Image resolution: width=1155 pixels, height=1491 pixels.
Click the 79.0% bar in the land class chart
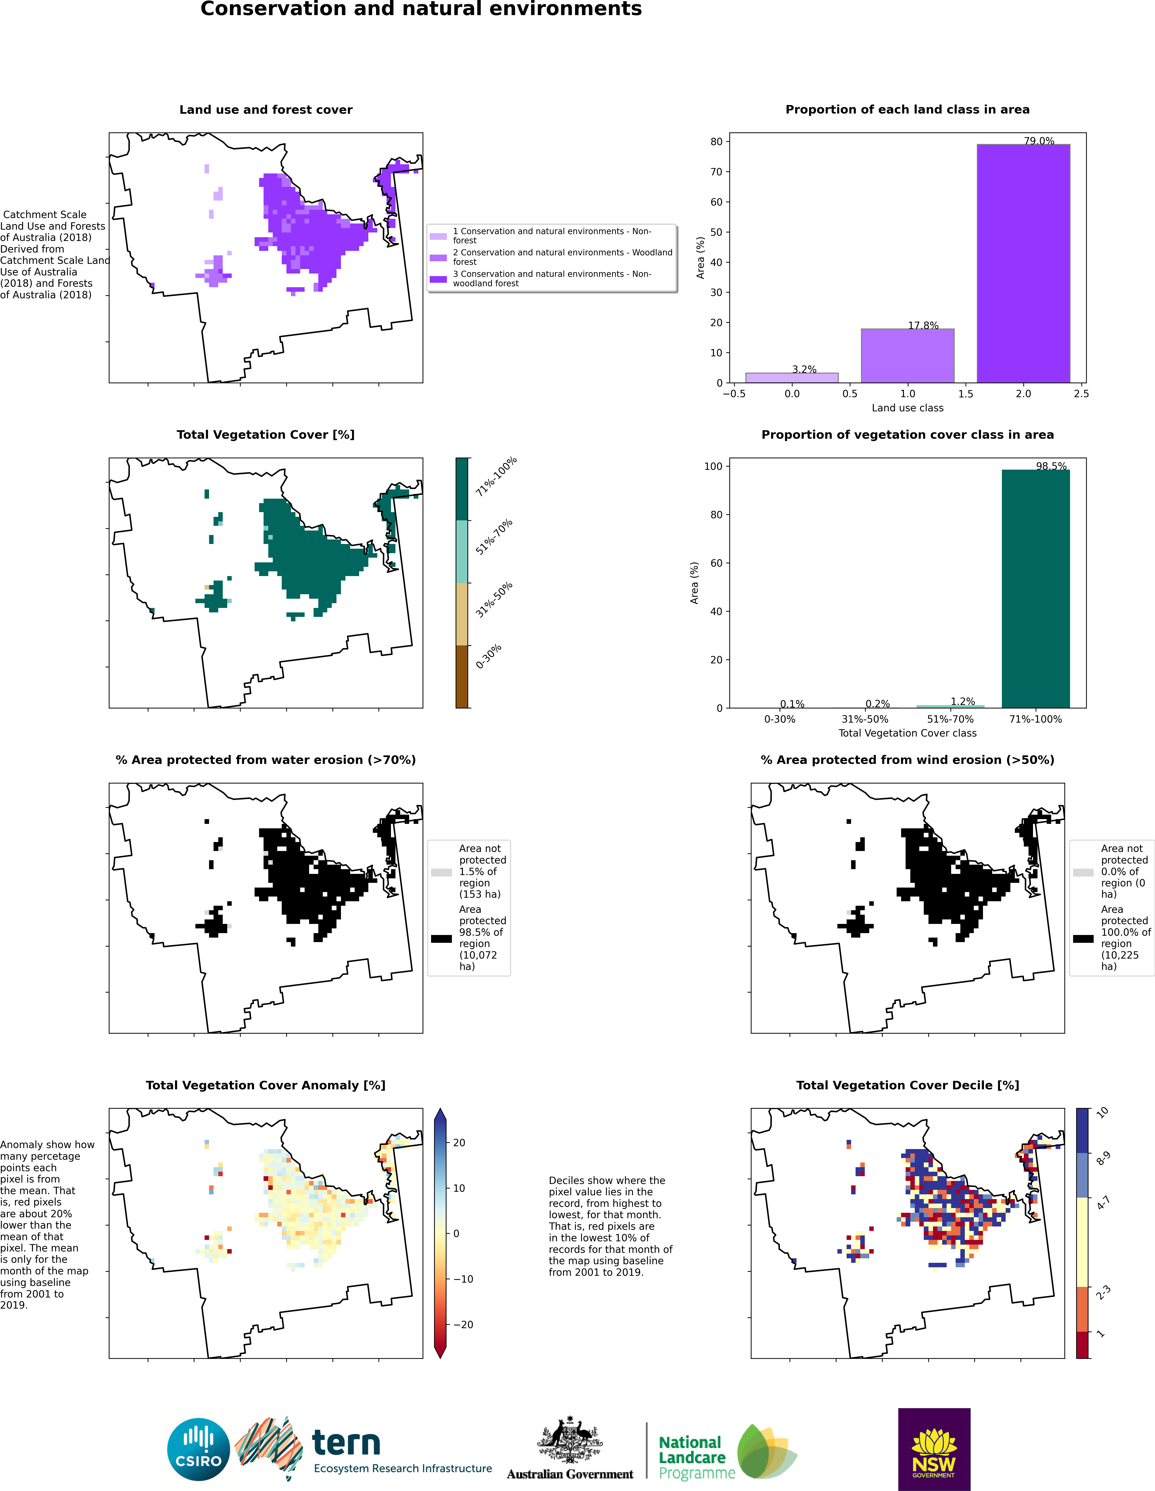tap(1023, 264)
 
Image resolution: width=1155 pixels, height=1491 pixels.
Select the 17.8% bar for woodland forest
tap(907, 356)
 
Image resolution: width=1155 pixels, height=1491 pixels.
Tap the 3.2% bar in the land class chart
tap(792, 378)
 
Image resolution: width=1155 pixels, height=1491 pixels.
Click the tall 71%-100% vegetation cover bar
tap(1036, 589)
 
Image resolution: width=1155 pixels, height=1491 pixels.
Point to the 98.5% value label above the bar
tap(1051, 466)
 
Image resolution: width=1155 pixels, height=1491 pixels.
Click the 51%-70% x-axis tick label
tap(950, 719)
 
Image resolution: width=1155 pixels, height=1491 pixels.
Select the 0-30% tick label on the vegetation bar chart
tap(780, 719)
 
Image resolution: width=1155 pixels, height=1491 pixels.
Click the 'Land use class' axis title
tap(907, 408)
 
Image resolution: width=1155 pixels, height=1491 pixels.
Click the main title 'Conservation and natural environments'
tap(421, 9)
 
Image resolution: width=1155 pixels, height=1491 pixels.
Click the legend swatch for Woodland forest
tap(438, 257)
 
